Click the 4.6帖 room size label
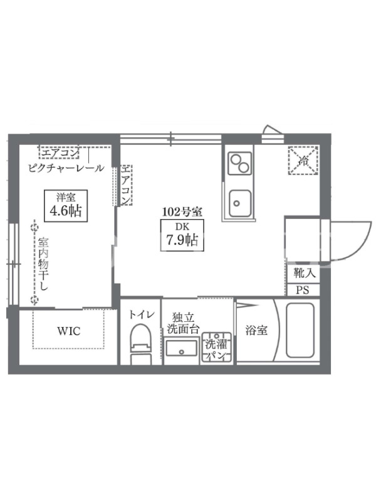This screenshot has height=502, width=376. (x=66, y=211)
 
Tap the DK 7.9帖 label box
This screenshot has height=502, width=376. (x=182, y=235)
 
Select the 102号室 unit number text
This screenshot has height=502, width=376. (x=182, y=211)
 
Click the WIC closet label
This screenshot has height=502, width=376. (x=68, y=331)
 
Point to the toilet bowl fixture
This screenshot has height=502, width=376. (x=140, y=344)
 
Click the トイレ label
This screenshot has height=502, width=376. (x=142, y=315)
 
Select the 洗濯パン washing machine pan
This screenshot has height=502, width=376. (x=216, y=348)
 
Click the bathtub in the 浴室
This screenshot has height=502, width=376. (x=300, y=330)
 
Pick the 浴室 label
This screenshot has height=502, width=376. (x=256, y=330)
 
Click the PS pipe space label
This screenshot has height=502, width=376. (x=303, y=290)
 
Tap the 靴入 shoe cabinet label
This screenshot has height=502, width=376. (x=305, y=273)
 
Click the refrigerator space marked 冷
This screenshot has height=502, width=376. (x=303, y=161)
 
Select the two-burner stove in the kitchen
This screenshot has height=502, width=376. (x=240, y=163)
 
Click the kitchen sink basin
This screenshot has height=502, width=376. (x=240, y=203)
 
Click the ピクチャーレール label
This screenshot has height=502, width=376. (x=66, y=168)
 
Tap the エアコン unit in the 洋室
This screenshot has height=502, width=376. (x=59, y=152)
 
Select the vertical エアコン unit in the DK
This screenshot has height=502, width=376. (x=126, y=185)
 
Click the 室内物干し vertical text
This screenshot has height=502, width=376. (x=43, y=264)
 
